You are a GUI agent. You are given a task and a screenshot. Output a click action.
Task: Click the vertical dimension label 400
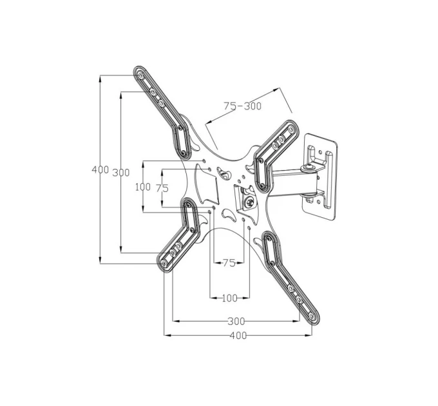[x=100, y=169]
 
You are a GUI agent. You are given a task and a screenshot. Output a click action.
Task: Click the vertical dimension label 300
[x=121, y=173]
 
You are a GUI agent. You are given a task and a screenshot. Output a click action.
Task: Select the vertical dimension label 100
[x=143, y=187]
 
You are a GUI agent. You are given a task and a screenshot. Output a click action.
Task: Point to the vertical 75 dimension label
[x=162, y=188]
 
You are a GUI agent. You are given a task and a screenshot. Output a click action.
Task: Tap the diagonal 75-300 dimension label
[x=242, y=106]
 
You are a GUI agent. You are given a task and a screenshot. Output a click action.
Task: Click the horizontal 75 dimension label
[x=229, y=263]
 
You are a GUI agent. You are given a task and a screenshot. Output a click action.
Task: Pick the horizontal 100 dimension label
[x=229, y=298]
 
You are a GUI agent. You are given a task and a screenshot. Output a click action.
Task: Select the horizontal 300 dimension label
[x=236, y=322]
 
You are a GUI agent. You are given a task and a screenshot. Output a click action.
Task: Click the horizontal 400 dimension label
[x=238, y=335]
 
